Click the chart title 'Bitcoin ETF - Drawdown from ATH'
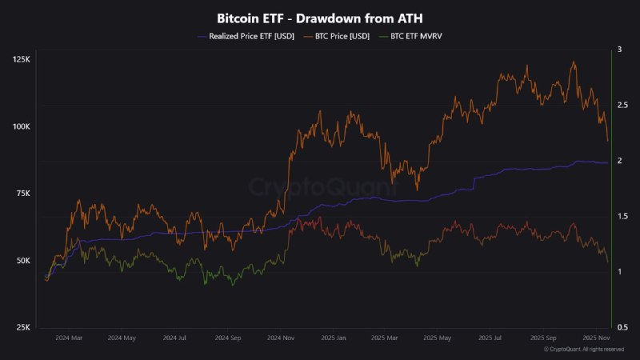click(320, 18)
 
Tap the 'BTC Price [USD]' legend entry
click(338, 36)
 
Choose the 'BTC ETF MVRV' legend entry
click(416, 36)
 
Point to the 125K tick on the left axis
click(22, 60)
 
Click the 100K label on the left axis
click(22, 127)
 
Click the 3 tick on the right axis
click(618, 50)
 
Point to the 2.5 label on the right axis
click(621, 105)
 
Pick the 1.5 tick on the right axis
click(621, 216)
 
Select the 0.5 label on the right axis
click(621, 327)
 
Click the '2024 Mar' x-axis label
click(69, 338)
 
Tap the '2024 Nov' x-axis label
click(282, 338)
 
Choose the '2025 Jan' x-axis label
click(335, 338)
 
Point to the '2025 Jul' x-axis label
click(490, 338)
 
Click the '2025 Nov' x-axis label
click(596, 338)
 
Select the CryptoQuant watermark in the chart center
click(320, 187)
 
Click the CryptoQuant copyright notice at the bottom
click(583, 350)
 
